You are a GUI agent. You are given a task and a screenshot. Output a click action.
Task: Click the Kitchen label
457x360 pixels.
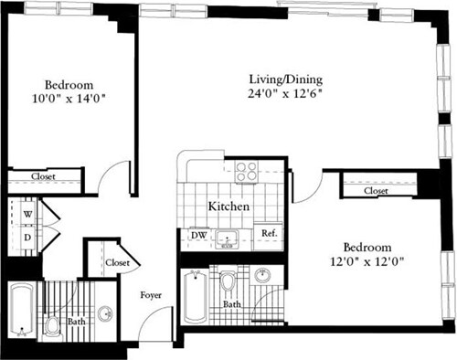(228, 206)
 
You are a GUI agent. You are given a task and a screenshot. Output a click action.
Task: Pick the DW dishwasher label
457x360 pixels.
(198, 235)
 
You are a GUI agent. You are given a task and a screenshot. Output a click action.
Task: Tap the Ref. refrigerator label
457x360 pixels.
(269, 234)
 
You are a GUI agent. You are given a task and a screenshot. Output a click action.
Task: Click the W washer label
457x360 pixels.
(27, 215)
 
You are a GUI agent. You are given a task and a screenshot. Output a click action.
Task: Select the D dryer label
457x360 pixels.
(27, 238)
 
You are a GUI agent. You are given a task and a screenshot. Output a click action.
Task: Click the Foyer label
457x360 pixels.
(151, 295)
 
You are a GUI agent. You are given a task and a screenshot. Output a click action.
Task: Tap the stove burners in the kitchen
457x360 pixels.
(246, 170)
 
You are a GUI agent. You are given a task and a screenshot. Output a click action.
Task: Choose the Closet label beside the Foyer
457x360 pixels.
(117, 262)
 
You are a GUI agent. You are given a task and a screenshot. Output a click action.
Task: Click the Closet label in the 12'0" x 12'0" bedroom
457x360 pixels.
(376, 191)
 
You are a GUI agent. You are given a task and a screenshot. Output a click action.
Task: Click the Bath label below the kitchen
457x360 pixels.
(232, 304)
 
